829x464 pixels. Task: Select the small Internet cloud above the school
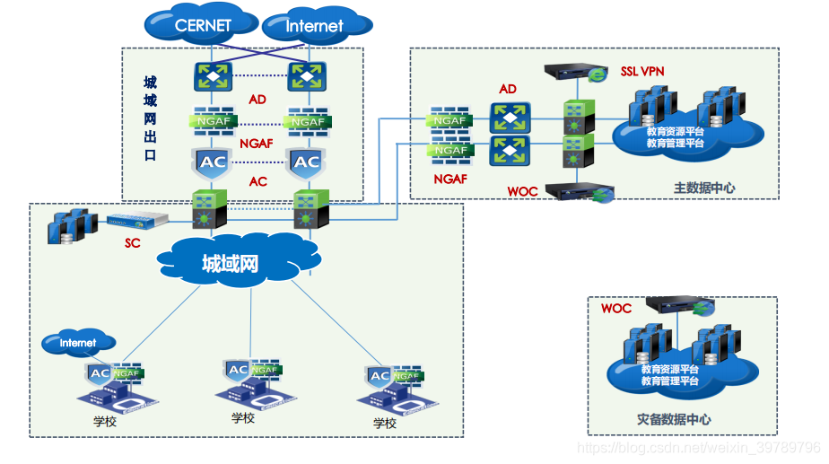(78, 343)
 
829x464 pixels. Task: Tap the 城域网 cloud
(231, 263)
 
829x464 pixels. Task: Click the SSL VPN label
(642, 71)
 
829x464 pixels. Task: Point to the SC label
(133, 242)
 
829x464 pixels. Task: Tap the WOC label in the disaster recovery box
(616, 308)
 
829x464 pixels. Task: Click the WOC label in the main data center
(522, 191)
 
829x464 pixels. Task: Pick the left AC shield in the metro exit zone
(213, 162)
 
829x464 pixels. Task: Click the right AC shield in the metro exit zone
(307, 162)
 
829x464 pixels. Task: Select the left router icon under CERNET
(214, 75)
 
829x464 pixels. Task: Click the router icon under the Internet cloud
(307, 75)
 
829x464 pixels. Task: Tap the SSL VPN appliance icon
(575, 71)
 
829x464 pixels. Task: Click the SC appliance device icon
(130, 221)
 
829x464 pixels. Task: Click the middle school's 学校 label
(243, 417)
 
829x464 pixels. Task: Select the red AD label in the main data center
(509, 89)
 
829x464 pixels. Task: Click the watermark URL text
(698, 447)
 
